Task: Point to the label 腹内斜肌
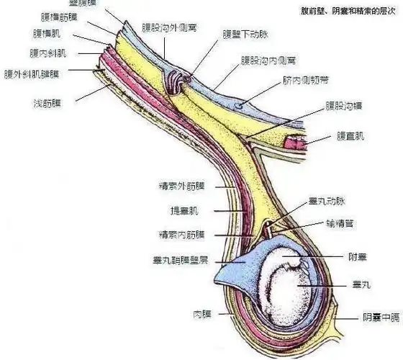tap(47, 53)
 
